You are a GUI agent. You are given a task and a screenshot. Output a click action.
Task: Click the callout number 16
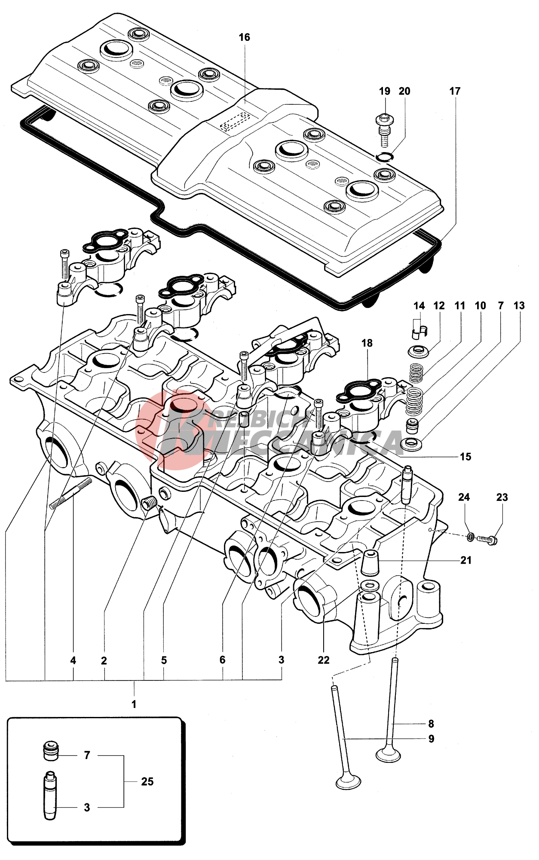coord(244,37)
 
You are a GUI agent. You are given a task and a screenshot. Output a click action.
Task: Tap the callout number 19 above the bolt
coord(384,91)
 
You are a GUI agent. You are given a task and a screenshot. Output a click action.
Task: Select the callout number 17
coord(455,91)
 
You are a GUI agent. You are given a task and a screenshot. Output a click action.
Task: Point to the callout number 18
coord(367,343)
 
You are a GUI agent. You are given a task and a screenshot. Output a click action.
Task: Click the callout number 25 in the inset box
coord(147,781)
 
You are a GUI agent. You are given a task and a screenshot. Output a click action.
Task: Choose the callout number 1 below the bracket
coord(134,704)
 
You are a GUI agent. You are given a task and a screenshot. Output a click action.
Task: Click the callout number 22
coord(323,660)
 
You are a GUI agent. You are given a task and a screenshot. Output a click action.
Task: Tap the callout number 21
coord(466,560)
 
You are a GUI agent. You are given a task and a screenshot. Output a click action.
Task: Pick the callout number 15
coord(465,457)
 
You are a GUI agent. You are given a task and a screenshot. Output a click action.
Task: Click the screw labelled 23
coord(487,539)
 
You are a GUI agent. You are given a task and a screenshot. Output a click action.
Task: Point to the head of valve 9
coord(348,781)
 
